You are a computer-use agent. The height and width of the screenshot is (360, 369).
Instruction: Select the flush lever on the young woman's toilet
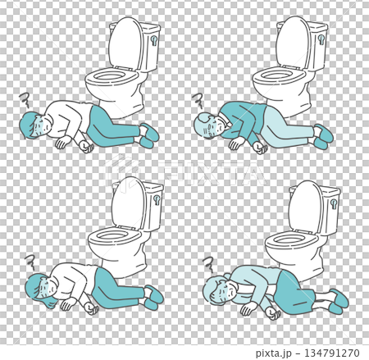[156, 198]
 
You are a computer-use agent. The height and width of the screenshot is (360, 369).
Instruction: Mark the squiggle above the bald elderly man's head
[198, 101]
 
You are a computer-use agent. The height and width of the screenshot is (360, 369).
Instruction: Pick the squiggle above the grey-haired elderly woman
[208, 264]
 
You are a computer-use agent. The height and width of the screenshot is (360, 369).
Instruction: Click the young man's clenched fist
[85, 148]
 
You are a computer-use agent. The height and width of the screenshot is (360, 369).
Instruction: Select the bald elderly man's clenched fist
[260, 148]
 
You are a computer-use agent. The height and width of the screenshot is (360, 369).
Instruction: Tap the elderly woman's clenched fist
[245, 310]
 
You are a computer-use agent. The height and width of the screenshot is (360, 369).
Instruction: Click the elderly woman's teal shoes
[337, 300]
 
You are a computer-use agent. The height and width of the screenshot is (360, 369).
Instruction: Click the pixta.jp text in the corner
[277, 353]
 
